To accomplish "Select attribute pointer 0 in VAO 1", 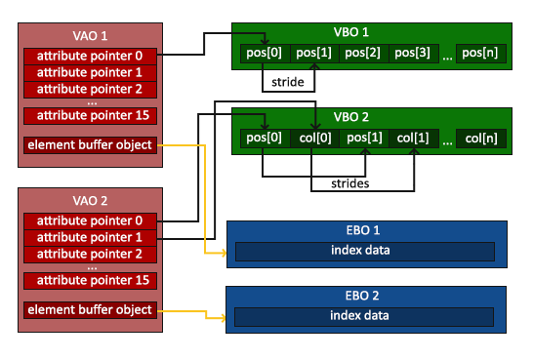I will [x=89, y=56].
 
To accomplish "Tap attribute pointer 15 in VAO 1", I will [x=89, y=116].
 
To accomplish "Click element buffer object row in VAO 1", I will [x=89, y=145].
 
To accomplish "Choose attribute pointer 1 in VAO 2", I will [x=89, y=237].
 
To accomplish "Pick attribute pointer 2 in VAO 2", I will [x=89, y=254].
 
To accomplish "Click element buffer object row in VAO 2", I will [x=89, y=309].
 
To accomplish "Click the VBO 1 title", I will [x=372, y=32].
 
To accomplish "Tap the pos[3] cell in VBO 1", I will [x=414, y=53].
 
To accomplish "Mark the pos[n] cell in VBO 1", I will [x=482, y=53].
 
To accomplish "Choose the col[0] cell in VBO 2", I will [x=313, y=139].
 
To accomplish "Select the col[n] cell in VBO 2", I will [x=482, y=139].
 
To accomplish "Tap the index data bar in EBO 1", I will [x=362, y=252].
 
